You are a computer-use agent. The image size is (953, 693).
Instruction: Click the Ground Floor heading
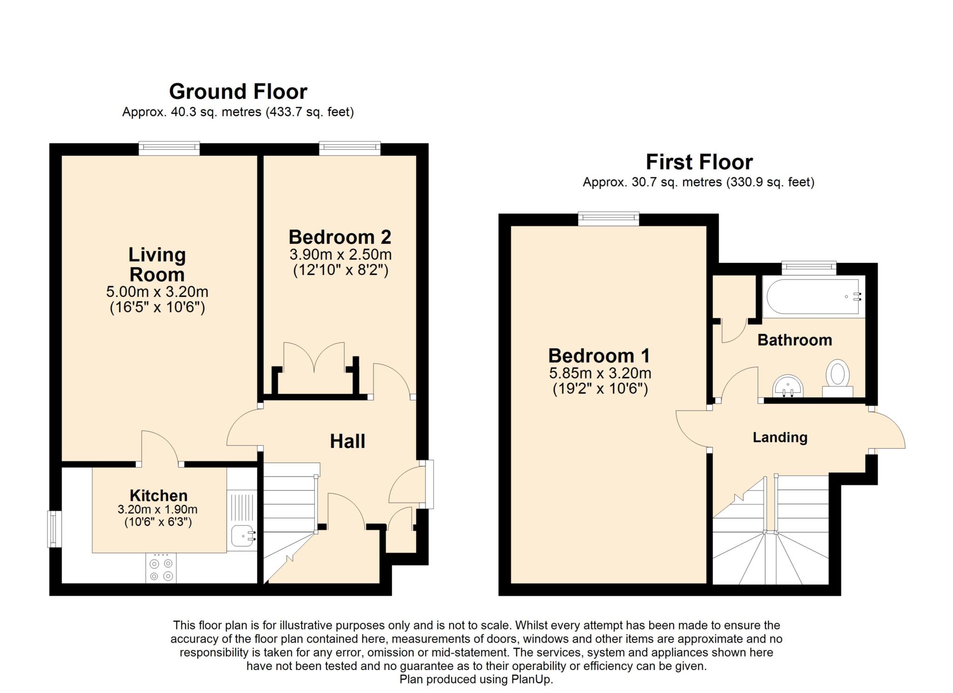pos(238,92)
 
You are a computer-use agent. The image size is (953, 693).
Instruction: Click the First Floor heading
pos(699,162)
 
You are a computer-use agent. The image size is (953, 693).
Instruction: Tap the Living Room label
pos(157,264)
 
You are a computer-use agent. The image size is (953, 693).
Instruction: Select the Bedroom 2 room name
pos(340,237)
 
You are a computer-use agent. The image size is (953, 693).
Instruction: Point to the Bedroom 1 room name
pos(599,356)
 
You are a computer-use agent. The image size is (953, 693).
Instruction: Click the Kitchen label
pos(159,495)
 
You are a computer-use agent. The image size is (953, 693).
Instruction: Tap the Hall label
pos(348,441)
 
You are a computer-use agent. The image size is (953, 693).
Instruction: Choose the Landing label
pos(780,437)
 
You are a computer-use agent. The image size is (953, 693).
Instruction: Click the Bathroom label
pos(795,340)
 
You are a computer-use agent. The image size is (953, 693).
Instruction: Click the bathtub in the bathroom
pos(814,296)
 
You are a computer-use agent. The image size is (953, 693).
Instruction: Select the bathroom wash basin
pos(788,386)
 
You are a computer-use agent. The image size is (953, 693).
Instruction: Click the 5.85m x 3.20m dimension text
pos(600,373)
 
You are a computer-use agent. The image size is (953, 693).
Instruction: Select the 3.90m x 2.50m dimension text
pos(341,255)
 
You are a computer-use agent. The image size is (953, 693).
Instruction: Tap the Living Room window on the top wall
pos(169,148)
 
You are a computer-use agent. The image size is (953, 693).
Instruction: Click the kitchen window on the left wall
pos(55,529)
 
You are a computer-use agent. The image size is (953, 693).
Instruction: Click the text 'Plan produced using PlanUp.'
pos(476,679)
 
